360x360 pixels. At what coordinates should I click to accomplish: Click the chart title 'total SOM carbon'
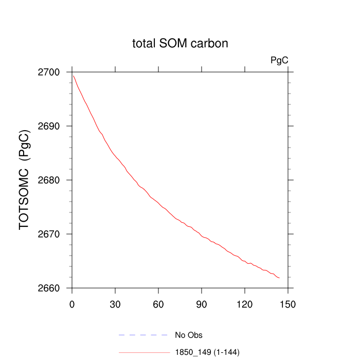180,44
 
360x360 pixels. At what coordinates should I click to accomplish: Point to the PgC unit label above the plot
279,61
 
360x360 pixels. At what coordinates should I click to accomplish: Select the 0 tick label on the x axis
72,304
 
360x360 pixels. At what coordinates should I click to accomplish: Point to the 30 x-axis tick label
115,304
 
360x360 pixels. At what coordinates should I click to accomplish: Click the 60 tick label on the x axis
158,304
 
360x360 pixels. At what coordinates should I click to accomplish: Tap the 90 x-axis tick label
202,304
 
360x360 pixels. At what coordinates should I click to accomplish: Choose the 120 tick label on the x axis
245,304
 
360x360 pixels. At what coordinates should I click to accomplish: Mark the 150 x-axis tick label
288,304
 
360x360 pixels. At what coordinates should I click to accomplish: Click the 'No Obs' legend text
189,336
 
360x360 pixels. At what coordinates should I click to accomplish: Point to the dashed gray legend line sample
143,335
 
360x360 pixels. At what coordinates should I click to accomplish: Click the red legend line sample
143,352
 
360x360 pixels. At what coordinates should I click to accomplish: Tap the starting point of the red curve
74,76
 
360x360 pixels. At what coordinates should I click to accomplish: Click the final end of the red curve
279,278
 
